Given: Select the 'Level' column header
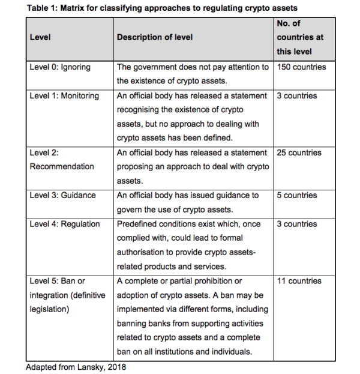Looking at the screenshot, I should point(40,37).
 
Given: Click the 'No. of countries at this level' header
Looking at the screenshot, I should point(300,37).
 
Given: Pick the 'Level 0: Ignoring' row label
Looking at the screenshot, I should point(60,67).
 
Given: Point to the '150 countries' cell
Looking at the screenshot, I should point(301,67).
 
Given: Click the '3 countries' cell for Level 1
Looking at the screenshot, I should point(297,95).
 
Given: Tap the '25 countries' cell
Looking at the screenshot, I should point(299,152).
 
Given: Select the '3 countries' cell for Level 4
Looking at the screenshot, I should point(297,224).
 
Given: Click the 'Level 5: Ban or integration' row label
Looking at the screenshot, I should point(66,295).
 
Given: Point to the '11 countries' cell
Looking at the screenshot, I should point(299,281).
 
